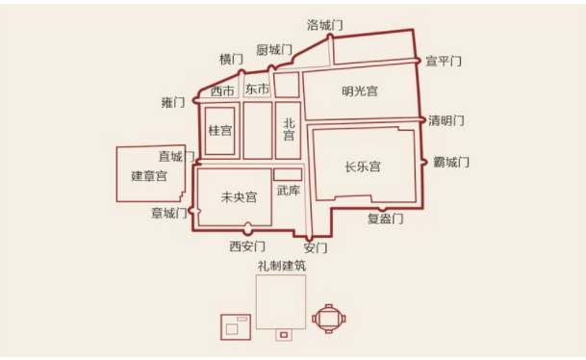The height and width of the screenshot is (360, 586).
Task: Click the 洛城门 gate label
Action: pos(325,23)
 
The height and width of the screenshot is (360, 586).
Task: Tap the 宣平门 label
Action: pos(444,61)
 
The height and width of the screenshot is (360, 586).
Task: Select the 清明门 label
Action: pos(446,120)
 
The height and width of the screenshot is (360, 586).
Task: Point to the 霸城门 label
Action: pos(450,161)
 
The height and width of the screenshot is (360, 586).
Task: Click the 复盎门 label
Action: pos(385,219)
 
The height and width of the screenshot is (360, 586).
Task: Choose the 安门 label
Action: pos(315,247)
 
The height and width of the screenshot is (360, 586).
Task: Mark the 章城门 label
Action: pos(169,213)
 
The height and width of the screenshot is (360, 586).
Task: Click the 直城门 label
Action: pos(176,156)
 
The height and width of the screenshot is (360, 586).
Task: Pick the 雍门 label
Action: pos(173,102)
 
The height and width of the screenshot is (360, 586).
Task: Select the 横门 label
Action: pos(232,60)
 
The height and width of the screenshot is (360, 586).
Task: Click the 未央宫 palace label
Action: pos(239,197)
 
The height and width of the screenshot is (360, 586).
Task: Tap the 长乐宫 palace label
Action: pos(363,167)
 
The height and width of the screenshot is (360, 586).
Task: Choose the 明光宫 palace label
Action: pos(360,91)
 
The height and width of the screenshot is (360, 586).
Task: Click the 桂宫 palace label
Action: pos(220,130)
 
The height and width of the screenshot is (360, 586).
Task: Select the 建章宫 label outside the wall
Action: pos(149,176)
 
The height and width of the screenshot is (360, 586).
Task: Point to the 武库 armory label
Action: pos(288,191)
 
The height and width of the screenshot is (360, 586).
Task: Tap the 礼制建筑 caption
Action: pos(280,265)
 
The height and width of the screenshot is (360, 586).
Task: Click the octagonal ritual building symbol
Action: pos(329,317)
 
